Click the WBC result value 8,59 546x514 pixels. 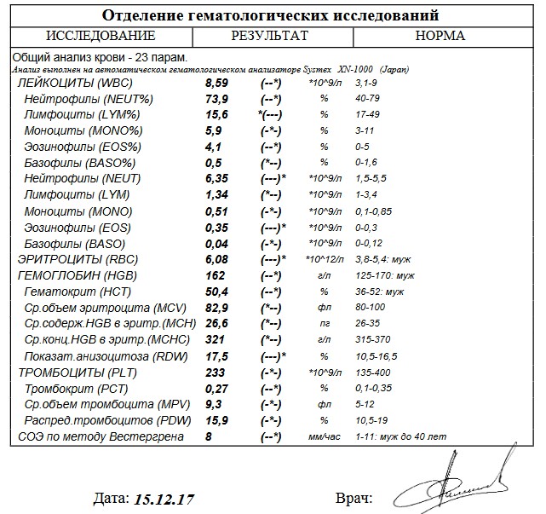coord(217,84)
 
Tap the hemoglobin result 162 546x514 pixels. coord(216,275)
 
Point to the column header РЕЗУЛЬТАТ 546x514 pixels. coord(269,36)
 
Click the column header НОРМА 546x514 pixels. coord(440,36)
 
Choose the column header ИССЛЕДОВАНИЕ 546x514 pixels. coord(101,36)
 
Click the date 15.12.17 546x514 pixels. coord(170,497)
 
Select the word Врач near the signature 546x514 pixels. coord(353,497)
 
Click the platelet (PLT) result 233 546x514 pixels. coord(216,372)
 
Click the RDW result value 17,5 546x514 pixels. coord(217,355)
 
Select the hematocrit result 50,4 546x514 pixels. coord(217,292)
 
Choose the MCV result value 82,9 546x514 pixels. coord(217,308)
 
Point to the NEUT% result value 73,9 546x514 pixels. coord(217,99)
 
